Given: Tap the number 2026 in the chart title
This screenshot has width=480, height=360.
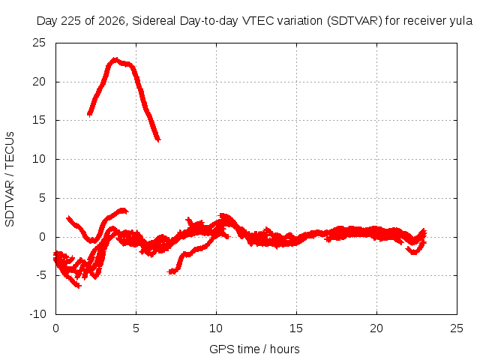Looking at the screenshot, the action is (x=112, y=21).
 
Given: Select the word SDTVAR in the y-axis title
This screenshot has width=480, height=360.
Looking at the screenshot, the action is (x=10, y=203).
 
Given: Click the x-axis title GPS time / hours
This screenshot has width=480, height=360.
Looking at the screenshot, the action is (x=254, y=349).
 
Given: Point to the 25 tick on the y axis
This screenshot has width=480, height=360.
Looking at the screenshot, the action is (x=39, y=43).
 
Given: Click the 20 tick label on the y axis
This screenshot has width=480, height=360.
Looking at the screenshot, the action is (x=39, y=82).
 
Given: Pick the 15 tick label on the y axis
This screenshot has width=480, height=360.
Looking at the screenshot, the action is (x=39, y=120).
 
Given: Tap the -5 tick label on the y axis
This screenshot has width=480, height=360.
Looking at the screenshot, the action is (x=40, y=275).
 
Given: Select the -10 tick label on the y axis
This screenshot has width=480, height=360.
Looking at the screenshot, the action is (x=37, y=314).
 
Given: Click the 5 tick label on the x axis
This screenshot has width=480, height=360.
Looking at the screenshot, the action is (x=136, y=328).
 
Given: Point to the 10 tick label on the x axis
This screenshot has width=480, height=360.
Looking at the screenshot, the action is (x=216, y=328).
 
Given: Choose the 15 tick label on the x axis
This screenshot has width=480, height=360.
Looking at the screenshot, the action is (x=296, y=328).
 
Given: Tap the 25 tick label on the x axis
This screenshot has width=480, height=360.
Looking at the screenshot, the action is (x=457, y=328).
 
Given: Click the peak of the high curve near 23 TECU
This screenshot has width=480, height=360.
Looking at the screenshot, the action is (x=115, y=58).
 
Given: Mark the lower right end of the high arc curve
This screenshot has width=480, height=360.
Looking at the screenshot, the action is (x=158, y=140).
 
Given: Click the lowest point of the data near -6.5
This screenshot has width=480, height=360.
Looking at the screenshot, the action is (x=78, y=286).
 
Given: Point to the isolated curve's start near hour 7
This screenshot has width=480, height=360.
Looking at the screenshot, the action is (x=170, y=271).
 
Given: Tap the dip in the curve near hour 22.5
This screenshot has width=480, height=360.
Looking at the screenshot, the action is (x=414, y=253).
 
